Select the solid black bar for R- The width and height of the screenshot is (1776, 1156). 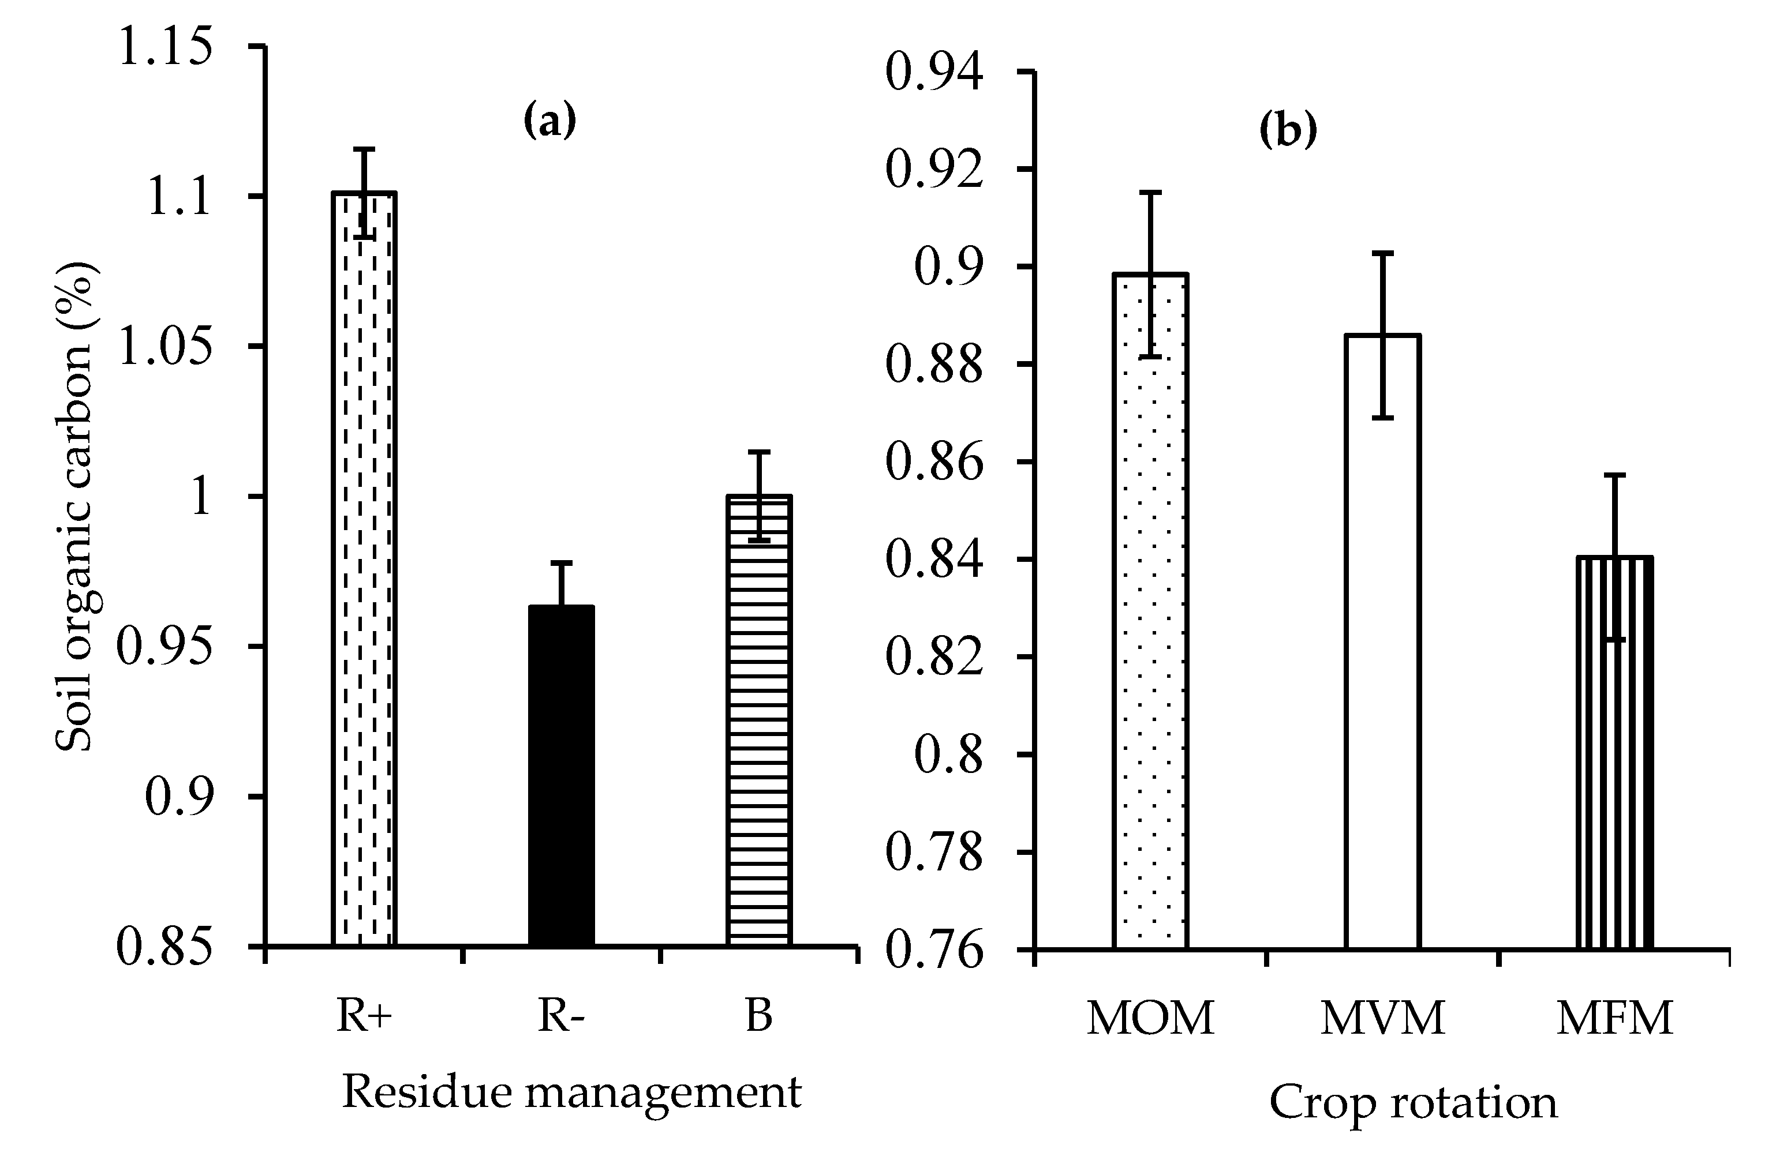tap(561, 776)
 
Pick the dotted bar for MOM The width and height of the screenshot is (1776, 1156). tap(1150, 611)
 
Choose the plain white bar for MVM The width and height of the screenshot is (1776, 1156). tap(1383, 641)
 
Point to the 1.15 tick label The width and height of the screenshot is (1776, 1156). tap(165, 46)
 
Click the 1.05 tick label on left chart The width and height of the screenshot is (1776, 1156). tap(165, 347)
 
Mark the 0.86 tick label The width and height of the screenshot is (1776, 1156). tap(934, 463)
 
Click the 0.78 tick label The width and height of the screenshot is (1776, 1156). tap(934, 853)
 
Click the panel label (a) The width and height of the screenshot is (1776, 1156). tap(550, 120)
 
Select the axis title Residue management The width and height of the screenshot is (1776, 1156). tap(571, 1093)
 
